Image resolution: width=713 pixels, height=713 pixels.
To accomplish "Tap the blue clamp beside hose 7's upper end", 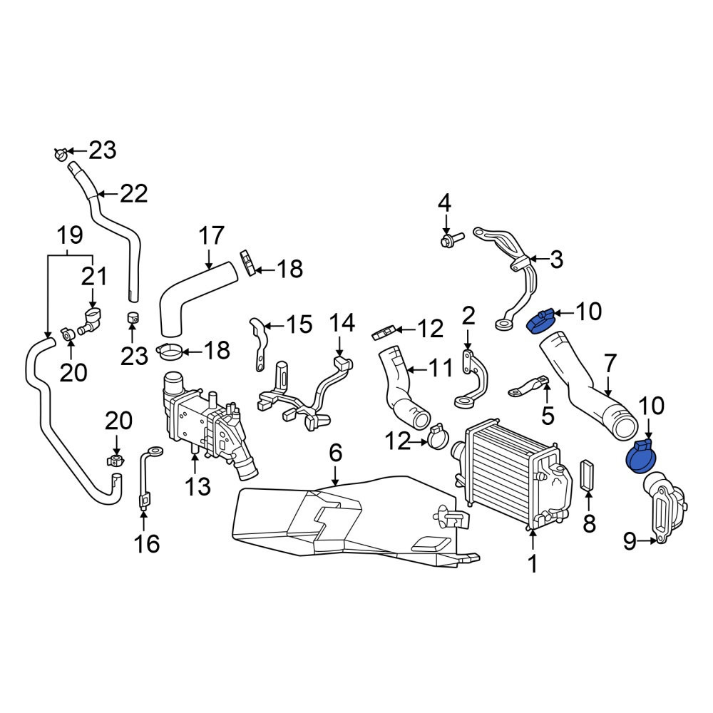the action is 540,321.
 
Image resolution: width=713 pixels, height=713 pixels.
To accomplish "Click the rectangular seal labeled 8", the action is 588,476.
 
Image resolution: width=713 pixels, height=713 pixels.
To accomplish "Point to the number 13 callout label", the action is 198,486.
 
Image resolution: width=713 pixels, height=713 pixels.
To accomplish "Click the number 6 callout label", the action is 335,453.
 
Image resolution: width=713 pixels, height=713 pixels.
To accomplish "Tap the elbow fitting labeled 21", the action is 91,321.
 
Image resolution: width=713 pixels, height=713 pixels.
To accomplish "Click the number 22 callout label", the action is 134,194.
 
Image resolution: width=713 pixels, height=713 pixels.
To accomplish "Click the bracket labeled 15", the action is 259,344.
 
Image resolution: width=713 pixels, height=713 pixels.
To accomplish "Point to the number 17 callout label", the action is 212,235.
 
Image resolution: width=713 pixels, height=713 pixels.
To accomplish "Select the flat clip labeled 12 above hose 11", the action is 384,333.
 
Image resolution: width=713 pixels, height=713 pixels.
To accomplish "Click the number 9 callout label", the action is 630,541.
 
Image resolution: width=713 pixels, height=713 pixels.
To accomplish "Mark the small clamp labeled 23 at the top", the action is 61,154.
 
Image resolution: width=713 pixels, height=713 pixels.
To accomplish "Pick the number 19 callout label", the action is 70,235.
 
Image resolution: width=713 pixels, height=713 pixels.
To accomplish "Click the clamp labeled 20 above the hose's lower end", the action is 116,460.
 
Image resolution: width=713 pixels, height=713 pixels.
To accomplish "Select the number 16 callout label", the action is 147,544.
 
